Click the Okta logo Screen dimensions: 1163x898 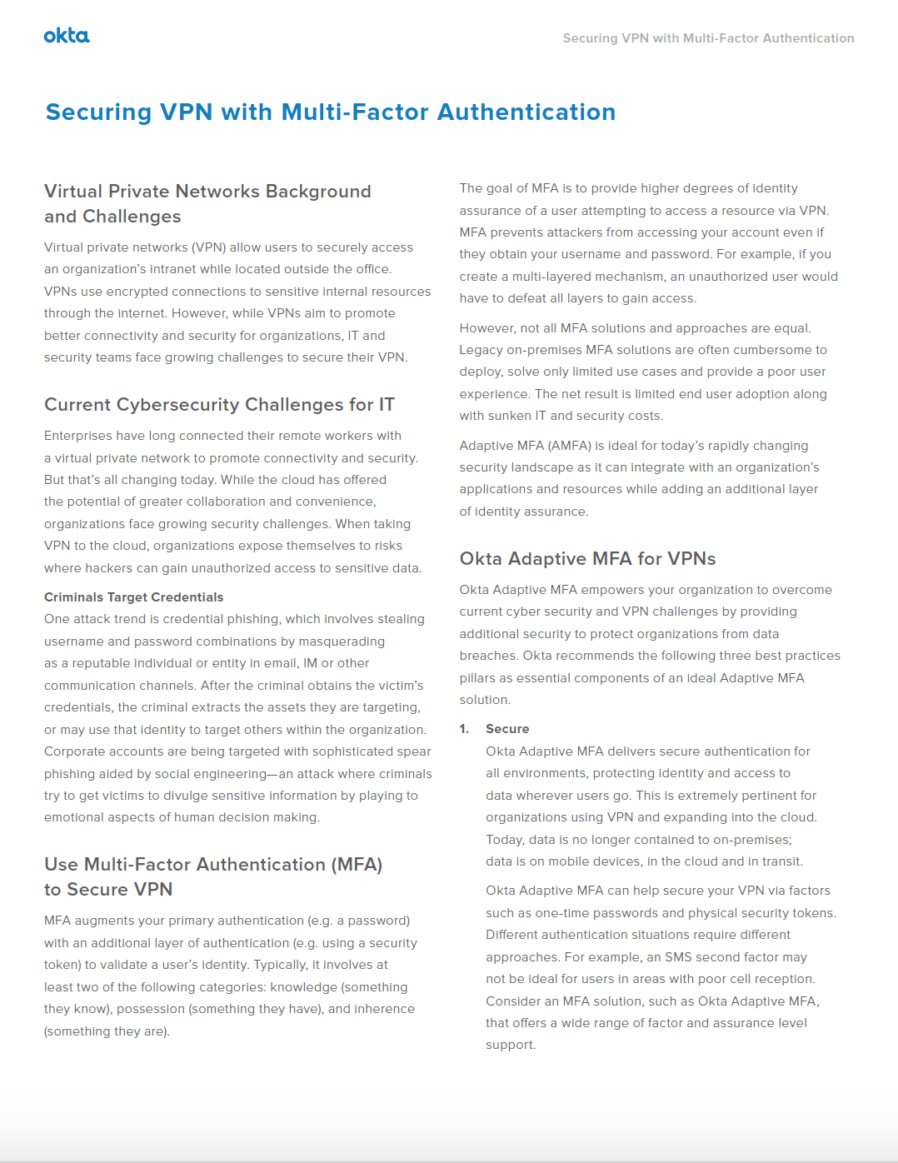[x=67, y=36]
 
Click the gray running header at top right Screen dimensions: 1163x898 [x=708, y=38]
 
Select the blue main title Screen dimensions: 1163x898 [x=331, y=112]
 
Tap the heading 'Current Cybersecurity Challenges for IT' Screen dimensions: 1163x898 [x=219, y=405]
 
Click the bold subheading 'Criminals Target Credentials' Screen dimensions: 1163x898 [x=133, y=597]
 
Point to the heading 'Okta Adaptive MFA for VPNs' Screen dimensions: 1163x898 [x=587, y=559]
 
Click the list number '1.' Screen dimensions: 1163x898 [x=464, y=729]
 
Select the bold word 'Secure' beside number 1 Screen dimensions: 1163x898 [x=507, y=729]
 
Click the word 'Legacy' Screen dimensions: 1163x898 [x=481, y=350]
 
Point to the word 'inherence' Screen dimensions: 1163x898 [x=384, y=1009]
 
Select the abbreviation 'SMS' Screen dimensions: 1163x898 [x=678, y=957]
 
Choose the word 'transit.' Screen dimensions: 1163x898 [x=781, y=861]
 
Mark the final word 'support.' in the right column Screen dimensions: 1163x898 [x=511, y=1045]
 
